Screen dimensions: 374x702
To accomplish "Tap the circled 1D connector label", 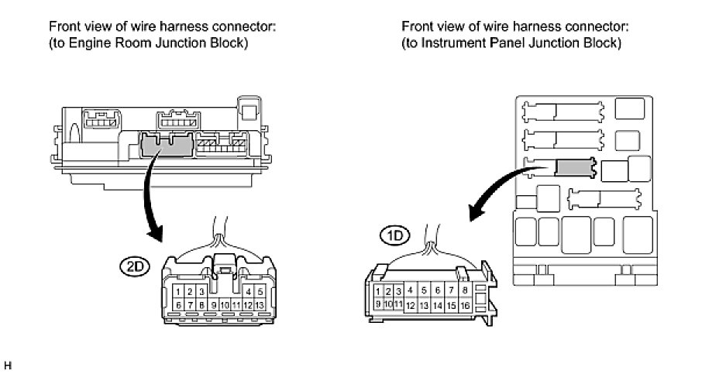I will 391,234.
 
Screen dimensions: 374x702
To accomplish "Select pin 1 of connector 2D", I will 178,292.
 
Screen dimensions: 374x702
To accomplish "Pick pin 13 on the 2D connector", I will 260,306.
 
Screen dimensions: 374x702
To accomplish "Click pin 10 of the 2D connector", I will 225,306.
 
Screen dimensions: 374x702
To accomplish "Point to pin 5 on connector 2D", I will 260,292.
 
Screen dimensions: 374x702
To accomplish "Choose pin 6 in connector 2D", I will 178,306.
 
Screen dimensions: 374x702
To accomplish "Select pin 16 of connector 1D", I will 465,306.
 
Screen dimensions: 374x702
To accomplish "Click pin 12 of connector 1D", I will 411,306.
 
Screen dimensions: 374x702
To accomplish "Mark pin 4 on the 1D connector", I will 411,290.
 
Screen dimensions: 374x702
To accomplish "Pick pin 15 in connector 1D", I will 452,306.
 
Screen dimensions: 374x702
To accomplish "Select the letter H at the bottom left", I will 8,363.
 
